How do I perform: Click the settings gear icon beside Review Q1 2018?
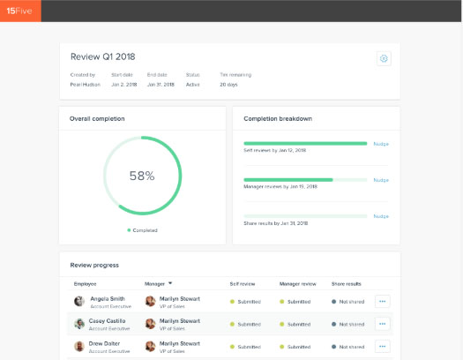(384, 58)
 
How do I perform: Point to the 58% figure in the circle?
(142, 176)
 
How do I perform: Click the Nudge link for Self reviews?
(381, 143)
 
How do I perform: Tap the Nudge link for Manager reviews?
(381, 179)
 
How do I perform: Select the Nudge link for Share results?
(381, 215)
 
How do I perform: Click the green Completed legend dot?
(129, 229)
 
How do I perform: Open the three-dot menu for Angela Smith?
(382, 301)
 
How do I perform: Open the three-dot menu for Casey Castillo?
(382, 324)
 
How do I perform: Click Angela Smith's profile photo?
(79, 301)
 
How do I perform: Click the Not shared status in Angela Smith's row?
(350, 301)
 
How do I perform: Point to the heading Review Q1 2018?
(98, 56)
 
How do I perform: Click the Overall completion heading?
(97, 117)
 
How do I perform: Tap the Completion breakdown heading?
(279, 117)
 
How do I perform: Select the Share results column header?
(347, 283)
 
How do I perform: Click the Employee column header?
(86, 283)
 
